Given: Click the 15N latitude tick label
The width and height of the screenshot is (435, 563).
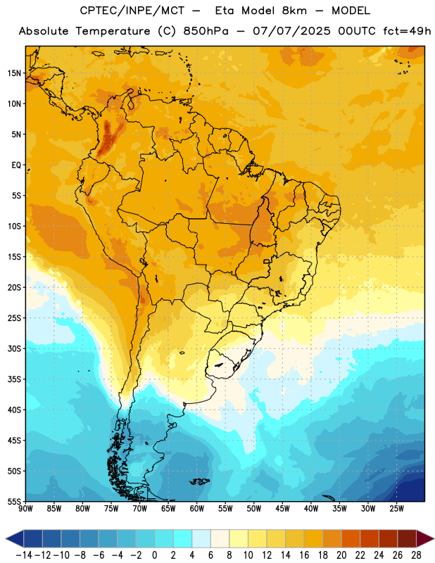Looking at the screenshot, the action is pyautogui.click(x=14, y=73).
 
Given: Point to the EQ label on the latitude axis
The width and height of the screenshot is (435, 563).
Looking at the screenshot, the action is pyautogui.click(x=16, y=165).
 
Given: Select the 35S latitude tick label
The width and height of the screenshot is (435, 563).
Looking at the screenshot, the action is pyautogui.click(x=14, y=379).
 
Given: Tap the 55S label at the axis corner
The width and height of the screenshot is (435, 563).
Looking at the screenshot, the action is pyautogui.click(x=14, y=501).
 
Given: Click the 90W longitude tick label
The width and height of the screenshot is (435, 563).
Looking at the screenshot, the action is pyautogui.click(x=25, y=508).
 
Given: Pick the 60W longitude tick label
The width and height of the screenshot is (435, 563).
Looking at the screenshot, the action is pyautogui.click(x=197, y=508).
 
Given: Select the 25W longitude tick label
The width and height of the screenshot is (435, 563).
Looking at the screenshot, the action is pyautogui.click(x=396, y=508).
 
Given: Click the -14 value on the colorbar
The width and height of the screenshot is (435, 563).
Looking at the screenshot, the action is pyautogui.click(x=25, y=555).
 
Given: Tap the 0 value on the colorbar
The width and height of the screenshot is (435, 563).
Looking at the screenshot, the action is pyautogui.click(x=155, y=555).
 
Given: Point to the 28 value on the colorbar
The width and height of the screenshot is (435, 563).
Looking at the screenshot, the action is pyautogui.click(x=416, y=555).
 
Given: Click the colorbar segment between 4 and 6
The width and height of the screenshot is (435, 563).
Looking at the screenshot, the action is pyautogui.click(x=201, y=538).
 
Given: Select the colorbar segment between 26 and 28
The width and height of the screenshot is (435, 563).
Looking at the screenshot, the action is pyautogui.click(x=407, y=538).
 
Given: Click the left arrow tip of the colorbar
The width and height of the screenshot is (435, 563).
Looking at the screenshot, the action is pyautogui.click(x=6, y=538).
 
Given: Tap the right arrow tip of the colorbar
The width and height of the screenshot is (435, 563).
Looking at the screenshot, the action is pyautogui.click(x=434, y=538).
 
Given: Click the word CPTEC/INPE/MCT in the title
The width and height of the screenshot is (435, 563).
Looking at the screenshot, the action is pyautogui.click(x=132, y=11).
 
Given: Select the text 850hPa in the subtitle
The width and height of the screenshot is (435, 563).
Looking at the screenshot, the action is pyautogui.click(x=206, y=31).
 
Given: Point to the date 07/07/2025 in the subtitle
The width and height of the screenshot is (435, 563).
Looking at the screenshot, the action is pyautogui.click(x=291, y=31).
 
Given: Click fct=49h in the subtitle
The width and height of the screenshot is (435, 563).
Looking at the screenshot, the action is pyautogui.click(x=407, y=31).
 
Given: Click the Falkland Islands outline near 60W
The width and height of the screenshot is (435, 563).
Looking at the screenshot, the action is pyautogui.click(x=199, y=481).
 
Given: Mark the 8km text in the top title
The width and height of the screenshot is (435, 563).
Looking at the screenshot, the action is pyautogui.click(x=294, y=11).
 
